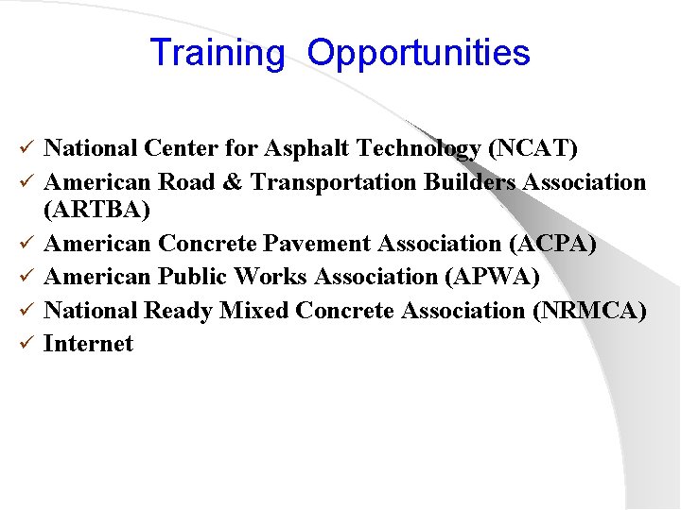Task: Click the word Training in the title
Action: [217, 53]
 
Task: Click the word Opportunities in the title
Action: [418, 53]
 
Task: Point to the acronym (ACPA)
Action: [551, 244]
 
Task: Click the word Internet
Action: [89, 344]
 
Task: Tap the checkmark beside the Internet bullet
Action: [28, 344]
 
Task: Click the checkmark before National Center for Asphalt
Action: [28, 148]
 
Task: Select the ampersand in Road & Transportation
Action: [236, 181]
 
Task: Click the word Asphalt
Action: [303, 148]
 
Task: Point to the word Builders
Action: [463, 181]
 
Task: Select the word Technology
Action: [425, 148]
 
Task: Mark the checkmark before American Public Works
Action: [28, 277]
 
